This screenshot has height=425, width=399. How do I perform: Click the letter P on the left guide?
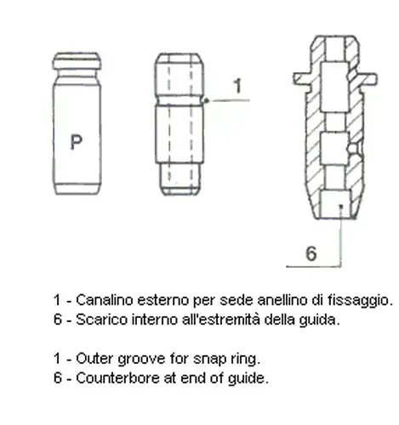[76, 142]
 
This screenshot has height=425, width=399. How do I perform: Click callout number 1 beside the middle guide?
[238, 86]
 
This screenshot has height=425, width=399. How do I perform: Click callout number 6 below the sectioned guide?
[311, 253]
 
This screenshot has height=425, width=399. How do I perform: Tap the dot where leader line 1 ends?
[207, 100]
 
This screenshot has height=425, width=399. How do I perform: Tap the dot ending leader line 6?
[341, 207]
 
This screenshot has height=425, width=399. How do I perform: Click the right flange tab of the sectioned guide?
[368, 78]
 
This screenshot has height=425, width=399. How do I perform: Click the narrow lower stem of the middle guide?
[180, 178]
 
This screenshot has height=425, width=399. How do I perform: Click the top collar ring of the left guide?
[77, 61]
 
